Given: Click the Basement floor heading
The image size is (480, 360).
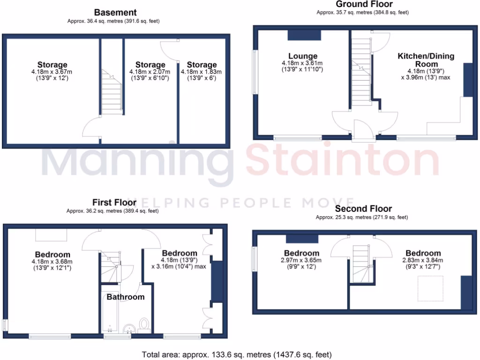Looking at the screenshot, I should coord(115,13).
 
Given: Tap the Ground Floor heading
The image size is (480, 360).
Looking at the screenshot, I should coord(364,4).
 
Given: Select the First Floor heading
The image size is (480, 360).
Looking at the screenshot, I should coord(114,202).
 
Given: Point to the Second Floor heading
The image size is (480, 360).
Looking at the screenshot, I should coord(364,209).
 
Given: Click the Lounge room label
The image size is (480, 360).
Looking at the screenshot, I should coord(302,56).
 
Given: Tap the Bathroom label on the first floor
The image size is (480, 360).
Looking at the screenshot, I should coord(125,297).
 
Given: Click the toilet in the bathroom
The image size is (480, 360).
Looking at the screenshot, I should coord(144,324).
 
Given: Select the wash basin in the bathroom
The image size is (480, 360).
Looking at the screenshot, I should coord(128,329).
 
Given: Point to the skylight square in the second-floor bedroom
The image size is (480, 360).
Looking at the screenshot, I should coord(430,289).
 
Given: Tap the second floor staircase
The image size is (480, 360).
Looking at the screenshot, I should coord(361,262).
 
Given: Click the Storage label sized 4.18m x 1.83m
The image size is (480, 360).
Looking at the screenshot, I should coord(202,65).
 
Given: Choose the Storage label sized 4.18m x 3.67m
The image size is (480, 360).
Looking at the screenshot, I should coord(52,65).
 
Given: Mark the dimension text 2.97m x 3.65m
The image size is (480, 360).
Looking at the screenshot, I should coord(302,260).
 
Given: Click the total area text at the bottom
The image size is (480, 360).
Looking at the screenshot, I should coord(237,354).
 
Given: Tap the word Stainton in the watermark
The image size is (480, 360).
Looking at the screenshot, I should coord(342,162).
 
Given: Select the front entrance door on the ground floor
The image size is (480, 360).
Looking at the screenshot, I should coord(364,132).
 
